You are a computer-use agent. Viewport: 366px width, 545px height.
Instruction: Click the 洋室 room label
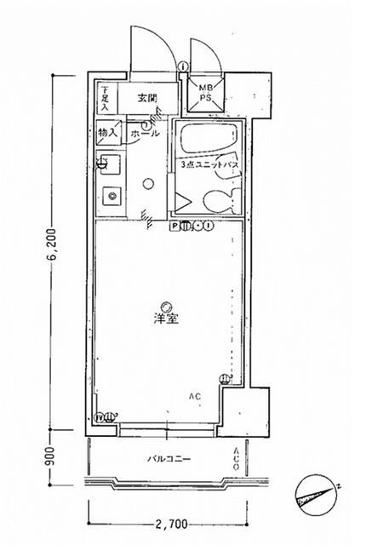click(x=166, y=318)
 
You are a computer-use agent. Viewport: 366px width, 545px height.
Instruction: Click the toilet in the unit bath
click(x=219, y=200)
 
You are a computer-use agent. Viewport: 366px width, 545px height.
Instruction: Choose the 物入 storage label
click(x=106, y=133)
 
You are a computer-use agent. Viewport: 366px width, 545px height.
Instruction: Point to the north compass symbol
click(x=316, y=493)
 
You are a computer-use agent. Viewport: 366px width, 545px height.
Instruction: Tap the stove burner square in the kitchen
click(x=110, y=196)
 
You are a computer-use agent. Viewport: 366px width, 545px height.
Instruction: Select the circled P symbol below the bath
click(x=174, y=227)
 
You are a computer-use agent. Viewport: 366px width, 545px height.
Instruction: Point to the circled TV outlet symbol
click(x=99, y=418)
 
